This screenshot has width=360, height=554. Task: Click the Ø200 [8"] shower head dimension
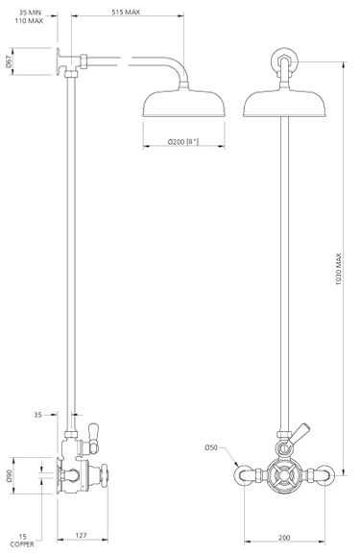[182, 142]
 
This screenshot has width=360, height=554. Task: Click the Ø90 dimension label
[9, 476]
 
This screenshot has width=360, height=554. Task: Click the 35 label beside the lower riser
[38, 416]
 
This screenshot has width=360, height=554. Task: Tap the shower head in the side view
[180, 104]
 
